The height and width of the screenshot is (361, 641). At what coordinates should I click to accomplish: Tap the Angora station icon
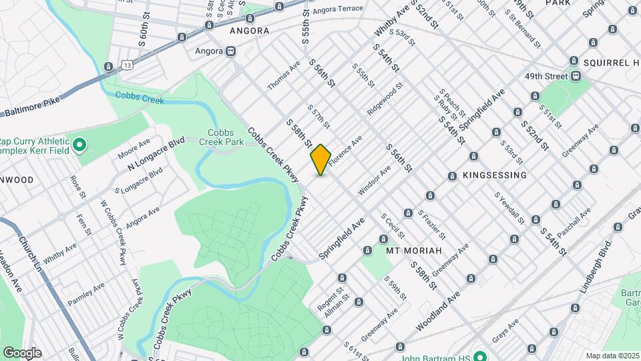tap(230, 51)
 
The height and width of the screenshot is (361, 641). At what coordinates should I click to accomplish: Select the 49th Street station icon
tap(575, 76)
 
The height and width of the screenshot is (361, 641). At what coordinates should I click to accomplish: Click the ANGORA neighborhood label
tap(249, 31)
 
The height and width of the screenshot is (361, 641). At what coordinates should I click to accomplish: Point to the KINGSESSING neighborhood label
tap(494, 175)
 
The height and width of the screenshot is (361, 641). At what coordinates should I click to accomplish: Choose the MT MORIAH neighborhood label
tap(414, 250)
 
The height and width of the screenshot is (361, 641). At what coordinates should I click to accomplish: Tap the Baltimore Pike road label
tap(32, 107)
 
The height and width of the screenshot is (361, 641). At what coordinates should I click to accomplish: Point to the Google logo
tap(22, 353)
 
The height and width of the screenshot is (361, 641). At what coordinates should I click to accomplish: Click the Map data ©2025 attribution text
tap(612, 356)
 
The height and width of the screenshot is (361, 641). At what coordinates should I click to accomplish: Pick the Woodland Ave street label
tap(439, 310)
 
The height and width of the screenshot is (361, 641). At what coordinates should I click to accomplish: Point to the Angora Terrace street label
tap(337, 9)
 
